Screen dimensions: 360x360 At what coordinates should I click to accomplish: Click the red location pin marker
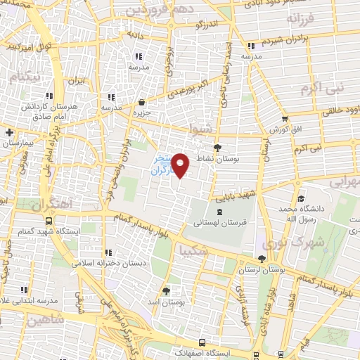181,165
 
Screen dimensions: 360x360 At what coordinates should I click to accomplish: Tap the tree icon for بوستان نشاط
218,148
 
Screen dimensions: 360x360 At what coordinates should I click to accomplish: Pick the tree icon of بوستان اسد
166,290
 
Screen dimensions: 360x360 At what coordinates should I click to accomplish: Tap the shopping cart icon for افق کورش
284,119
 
